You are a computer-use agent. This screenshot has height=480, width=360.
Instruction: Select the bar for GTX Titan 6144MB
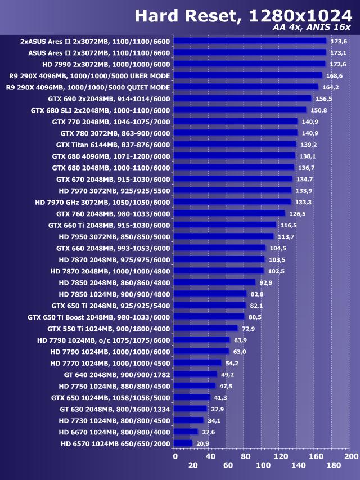point(235,145)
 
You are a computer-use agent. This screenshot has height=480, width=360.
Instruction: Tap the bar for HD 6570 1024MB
point(183,443)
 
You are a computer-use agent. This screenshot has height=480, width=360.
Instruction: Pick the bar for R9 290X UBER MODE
point(247,75)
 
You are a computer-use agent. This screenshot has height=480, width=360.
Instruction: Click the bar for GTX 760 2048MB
point(229,213)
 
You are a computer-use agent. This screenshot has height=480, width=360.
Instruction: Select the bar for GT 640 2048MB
point(196,374)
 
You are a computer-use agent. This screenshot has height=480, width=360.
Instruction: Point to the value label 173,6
point(339,41)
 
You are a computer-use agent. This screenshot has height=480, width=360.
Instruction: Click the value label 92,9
point(266,282)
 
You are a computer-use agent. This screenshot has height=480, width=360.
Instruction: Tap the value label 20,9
point(202,443)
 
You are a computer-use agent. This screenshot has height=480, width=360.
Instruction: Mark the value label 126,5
point(296,213)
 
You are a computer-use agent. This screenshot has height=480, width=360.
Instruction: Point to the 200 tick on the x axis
point(351,456)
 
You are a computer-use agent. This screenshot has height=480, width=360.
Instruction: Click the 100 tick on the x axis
point(263,465)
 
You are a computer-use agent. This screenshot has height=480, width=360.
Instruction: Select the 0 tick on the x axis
point(175,456)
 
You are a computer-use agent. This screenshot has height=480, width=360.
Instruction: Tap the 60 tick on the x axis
point(228,465)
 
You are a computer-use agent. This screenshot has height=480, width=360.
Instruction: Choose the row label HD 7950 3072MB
point(114,236)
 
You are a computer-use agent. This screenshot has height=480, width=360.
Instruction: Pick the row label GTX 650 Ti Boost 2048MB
point(98,317)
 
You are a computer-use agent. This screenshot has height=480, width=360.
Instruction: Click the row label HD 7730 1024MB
point(114,420)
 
